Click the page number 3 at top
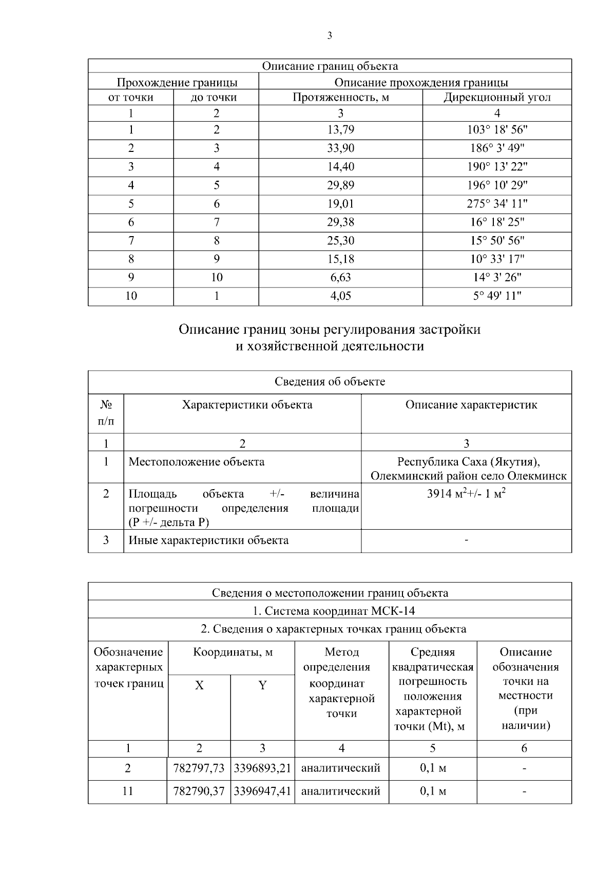[x=329, y=36]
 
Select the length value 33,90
[x=341, y=148]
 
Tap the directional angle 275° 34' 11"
[x=497, y=204]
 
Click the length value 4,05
[x=341, y=296]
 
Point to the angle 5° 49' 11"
[x=497, y=296]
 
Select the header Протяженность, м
[x=341, y=98]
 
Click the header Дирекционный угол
[x=497, y=98]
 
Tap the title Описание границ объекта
[x=330, y=66]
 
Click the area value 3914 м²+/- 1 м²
[x=466, y=494]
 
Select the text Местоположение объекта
[x=197, y=462]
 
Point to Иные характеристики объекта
[x=208, y=540]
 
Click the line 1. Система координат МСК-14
[x=330, y=611]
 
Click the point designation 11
[x=128, y=791]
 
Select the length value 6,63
[x=341, y=278]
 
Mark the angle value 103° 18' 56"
[x=497, y=130]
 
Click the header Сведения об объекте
[x=330, y=382]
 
